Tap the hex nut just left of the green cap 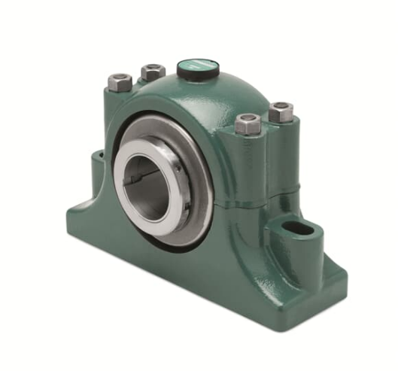pos(153,73)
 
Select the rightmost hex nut pos(281,112)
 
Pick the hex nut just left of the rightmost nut pos(248,123)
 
